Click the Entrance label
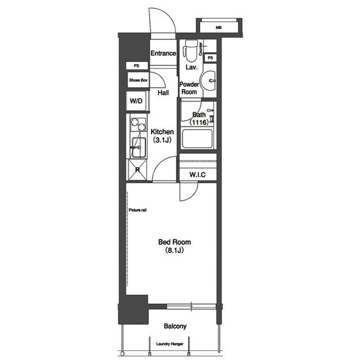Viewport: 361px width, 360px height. pyautogui.click(x=163, y=54)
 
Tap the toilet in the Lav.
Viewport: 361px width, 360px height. pyautogui.click(x=191, y=51)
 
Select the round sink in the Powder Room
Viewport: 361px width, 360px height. pyautogui.click(x=208, y=81)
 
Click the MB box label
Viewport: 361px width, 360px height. pyautogui.click(x=219, y=28)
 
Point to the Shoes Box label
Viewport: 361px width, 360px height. pyautogui.click(x=138, y=80)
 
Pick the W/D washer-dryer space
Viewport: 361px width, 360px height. pyautogui.click(x=137, y=101)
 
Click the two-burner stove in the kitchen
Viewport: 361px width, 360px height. pyautogui.click(x=138, y=125)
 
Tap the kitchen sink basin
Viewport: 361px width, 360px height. pyautogui.click(x=139, y=148)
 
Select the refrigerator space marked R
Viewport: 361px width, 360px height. pyautogui.click(x=138, y=170)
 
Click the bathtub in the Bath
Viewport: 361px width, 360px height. pyautogui.click(x=197, y=139)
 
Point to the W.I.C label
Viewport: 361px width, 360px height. pyautogui.click(x=197, y=175)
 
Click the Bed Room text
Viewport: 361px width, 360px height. pyautogui.click(x=174, y=242)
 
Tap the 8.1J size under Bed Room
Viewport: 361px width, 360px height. pyautogui.click(x=174, y=250)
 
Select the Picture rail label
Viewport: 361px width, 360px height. pyautogui.click(x=138, y=210)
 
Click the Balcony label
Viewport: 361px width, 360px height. pyautogui.click(x=175, y=326)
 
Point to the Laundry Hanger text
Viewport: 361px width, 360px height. pyautogui.click(x=170, y=344)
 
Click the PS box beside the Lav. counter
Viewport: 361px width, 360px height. pyautogui.click(x=210, y=57)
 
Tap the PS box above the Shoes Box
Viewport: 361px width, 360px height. pyautogui.click(x=137, y=66)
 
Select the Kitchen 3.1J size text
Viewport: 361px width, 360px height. pyautogui.click(x=162, y=140)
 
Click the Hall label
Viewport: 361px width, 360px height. pyautogui.click(x=163, y=93)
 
